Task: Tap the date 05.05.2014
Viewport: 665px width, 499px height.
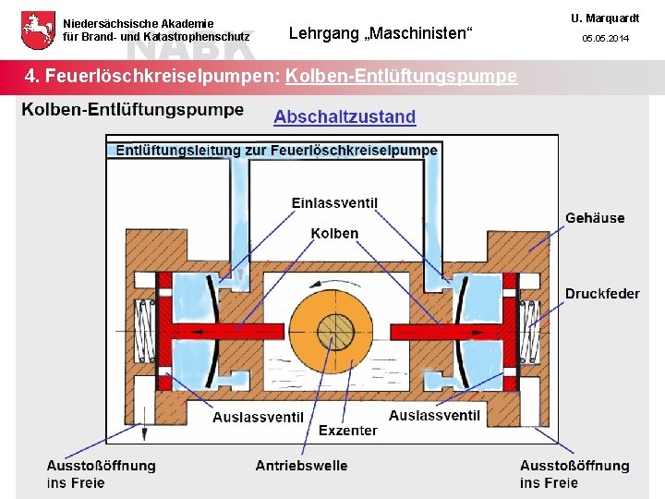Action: click(x=605, y=39)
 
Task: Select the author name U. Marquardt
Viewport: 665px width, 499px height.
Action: click(x=605, y=18)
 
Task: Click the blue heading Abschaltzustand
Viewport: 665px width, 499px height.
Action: click(x=345, y=116)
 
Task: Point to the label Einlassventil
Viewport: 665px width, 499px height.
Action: click(x=334, y=203)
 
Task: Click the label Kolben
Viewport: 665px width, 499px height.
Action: click(x=334, y=234)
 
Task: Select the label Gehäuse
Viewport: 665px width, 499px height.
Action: click(x=595, y=218)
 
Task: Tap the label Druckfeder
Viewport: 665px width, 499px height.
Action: click(x=602, y=294)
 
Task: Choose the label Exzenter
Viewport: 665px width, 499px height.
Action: click(x=347, y=431)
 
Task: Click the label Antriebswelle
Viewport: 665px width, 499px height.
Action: click(x=301, y=466)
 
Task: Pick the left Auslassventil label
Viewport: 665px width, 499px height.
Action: click(x=258, y=417)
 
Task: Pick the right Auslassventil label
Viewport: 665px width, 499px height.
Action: click(x=434, y=416)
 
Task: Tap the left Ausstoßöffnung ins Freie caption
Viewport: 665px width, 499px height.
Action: click(x=101, y=474)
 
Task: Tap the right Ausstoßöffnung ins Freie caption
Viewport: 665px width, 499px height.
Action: click(x=574, y=474)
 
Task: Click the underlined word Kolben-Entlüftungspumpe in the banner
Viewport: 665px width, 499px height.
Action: click(x=401, y=76)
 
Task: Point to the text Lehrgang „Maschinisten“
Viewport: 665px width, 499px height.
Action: click(x=381, y=34)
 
